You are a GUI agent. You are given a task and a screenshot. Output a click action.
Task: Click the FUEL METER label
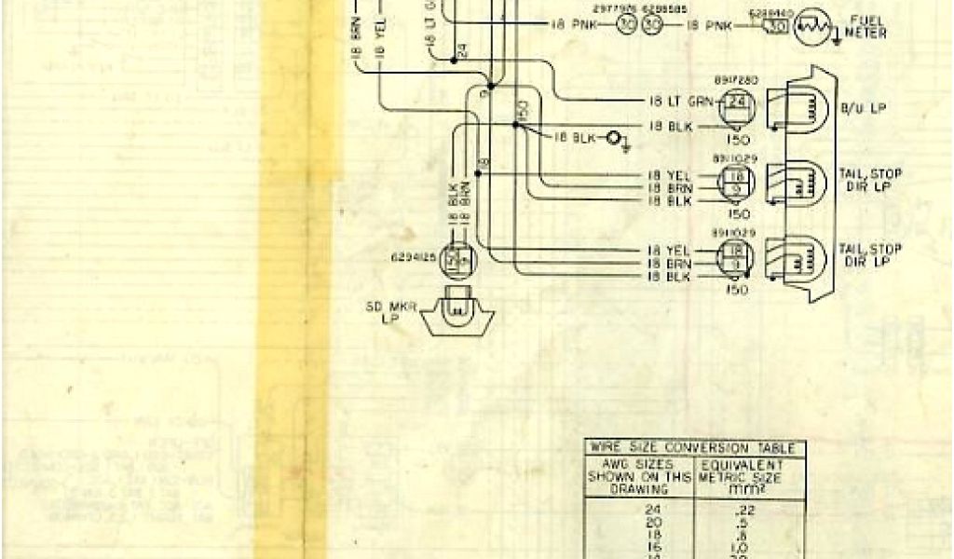(866, 28)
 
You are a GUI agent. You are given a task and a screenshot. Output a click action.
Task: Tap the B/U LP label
(862, 109)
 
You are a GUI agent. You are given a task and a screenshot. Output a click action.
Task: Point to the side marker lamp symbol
(457, 313)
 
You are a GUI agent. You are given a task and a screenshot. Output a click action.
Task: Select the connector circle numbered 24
(737, 102)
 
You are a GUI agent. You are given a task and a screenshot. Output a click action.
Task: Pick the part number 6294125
(414, 254)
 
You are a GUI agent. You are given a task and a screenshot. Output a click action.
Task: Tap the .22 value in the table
(743, 509)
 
